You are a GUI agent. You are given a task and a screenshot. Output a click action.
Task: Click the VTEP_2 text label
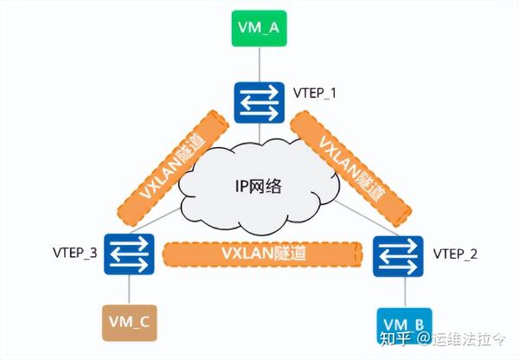455,254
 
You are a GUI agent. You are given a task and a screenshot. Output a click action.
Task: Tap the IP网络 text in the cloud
259,188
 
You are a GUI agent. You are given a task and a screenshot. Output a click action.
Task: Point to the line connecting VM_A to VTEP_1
257,67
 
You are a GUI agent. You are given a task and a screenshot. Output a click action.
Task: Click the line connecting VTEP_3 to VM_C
128,290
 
